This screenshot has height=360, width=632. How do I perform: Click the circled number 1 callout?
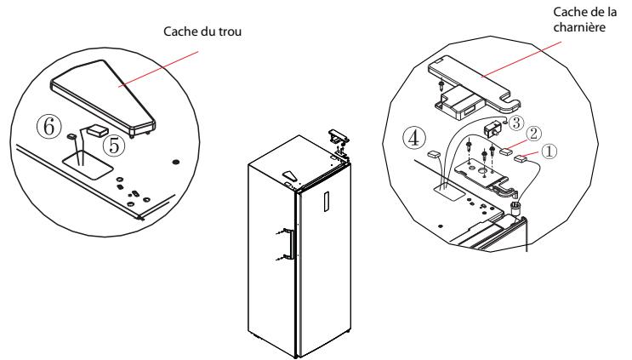tap(549, 151)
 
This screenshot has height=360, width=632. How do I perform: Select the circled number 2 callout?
tap(534, 134)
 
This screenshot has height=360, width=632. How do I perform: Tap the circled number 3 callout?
tap(516, 123)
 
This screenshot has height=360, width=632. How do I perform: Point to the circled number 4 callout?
tap(413, 138)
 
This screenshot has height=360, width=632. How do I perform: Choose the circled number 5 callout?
tap(115, 146)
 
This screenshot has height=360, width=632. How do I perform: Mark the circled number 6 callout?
tap(49, 127)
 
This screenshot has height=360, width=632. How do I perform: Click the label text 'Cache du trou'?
tap(202, 31)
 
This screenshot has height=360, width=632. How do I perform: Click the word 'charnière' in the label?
tap(579, 27)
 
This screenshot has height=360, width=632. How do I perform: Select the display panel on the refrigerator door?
tap(326, 201)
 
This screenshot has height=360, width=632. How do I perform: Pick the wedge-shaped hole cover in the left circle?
tap(102, 98)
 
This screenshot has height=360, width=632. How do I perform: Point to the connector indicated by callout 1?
tap(521, 158)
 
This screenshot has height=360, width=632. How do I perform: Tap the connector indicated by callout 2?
tap(505, 151)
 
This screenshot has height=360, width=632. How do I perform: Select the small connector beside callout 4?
tap(434, 154)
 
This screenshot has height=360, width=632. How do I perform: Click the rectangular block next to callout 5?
tap(97, 129)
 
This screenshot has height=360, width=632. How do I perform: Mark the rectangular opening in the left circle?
tap(88, 164)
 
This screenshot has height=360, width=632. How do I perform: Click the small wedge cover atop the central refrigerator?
tap(289, 175)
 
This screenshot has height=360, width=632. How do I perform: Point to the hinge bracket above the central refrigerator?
tap(338, 138)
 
